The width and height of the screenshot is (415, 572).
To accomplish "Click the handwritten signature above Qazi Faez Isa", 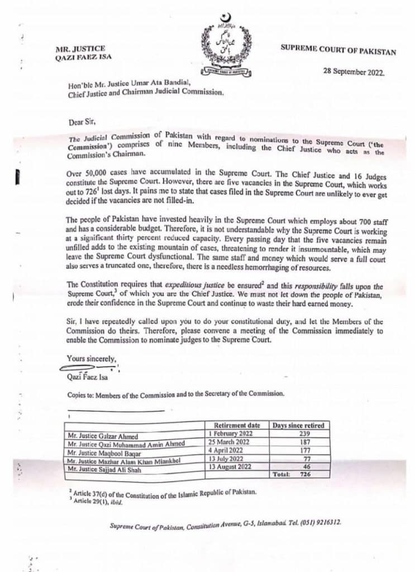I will point(89,368).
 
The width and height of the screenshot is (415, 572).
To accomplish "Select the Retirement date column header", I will point(237,426).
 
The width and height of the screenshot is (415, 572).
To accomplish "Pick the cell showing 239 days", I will point(297,434).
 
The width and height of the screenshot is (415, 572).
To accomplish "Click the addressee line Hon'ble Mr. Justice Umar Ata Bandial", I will point(144,84).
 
